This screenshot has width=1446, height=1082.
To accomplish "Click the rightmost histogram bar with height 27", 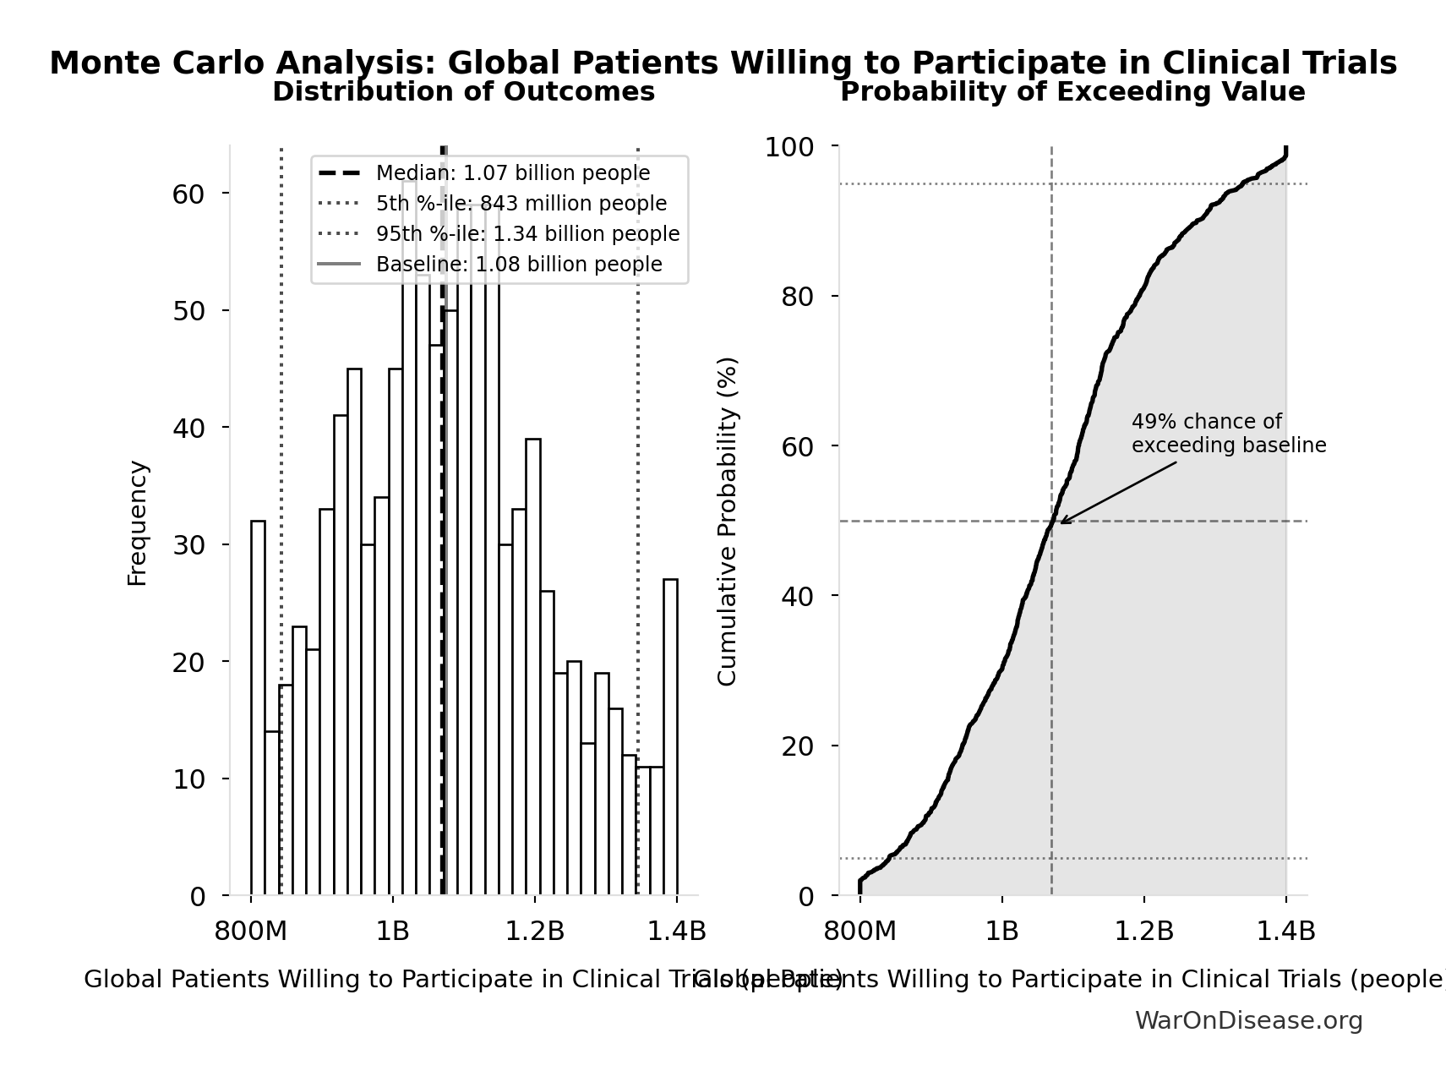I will pos(670,737).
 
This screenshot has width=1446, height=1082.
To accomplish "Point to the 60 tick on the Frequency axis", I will pos(188,194).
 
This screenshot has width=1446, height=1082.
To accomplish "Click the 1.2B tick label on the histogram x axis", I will pos(534,932).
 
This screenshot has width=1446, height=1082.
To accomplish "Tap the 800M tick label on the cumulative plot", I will pos(860,932).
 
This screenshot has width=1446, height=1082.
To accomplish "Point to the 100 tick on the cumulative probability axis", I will pos(789,147).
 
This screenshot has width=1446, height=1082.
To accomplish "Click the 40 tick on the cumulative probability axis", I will pos(798,597).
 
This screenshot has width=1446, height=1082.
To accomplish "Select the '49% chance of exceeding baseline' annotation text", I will pos(1228,434).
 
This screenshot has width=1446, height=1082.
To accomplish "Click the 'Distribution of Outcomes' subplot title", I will pos(463,92).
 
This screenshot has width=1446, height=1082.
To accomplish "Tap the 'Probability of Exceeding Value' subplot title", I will pos(1072,92).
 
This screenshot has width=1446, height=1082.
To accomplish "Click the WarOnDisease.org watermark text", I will pos(1247,1021).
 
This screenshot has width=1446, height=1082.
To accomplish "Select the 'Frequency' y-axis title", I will pos(137,522).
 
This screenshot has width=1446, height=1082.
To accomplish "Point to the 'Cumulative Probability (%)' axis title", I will pos(727,521).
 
